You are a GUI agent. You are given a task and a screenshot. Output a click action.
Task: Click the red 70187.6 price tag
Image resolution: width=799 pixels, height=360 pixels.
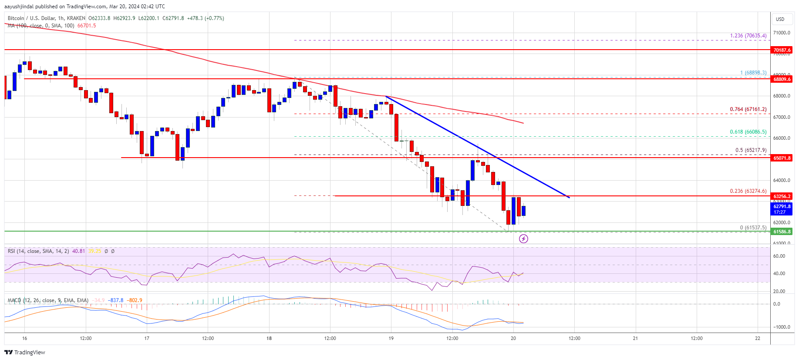coord(782,50)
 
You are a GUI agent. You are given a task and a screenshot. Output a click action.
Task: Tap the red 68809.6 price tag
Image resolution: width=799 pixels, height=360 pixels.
coord(782,79)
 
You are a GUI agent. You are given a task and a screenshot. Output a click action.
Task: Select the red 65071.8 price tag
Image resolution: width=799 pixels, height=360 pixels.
coord(782,158)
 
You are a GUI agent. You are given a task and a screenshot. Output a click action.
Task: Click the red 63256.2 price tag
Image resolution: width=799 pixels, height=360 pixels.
coord(782,196)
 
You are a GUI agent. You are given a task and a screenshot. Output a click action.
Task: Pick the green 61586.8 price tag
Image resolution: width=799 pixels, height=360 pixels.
coord(782,232)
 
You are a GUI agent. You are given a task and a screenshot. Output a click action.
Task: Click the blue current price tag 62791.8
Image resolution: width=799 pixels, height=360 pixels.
coord(782,207)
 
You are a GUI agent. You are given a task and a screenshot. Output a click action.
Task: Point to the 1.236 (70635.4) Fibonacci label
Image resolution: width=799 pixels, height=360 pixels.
coord(748,36)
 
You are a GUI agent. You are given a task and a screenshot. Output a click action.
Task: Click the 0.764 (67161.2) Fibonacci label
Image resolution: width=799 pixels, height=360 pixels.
coord(748,109)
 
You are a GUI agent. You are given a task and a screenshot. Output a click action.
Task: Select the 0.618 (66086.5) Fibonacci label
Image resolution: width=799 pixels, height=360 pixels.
coord(748,132)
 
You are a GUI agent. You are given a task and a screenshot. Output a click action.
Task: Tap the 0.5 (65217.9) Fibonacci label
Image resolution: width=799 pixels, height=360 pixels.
coord(751,150)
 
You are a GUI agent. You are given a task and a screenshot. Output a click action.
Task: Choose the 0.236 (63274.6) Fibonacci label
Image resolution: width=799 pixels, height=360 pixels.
coord(748,191)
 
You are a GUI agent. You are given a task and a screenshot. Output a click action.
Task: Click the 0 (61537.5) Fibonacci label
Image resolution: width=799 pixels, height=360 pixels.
coord(753,228)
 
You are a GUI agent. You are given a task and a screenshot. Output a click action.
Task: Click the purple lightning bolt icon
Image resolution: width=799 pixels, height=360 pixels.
coord(523,239)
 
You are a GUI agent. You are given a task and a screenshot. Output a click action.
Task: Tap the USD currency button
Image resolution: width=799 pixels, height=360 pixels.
coord(780,19)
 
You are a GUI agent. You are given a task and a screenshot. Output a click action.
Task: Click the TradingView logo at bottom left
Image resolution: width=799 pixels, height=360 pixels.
coord(25,352)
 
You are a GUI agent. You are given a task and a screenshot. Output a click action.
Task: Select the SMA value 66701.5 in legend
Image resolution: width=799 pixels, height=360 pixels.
coord(87,26)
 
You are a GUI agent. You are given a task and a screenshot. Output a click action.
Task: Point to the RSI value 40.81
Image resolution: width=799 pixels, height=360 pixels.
coord(78,251)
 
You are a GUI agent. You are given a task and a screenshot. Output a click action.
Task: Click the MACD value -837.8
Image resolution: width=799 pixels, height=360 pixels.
coord(116,300)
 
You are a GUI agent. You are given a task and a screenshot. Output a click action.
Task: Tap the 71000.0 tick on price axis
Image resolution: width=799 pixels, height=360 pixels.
coord(782,33)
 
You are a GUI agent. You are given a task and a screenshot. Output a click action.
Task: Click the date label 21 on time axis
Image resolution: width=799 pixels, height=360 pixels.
coord(635,338)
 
